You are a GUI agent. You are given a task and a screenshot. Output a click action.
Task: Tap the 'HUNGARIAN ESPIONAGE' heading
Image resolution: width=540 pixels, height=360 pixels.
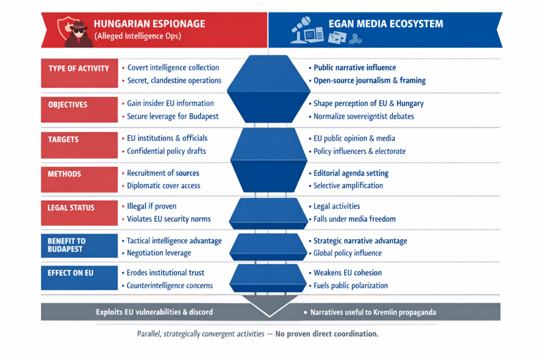pos(149,24)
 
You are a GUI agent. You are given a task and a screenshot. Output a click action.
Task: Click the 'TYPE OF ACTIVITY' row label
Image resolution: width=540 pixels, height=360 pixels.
pos(79,69)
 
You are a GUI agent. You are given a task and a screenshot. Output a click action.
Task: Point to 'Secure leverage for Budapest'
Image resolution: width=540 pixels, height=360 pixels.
pos(172,116)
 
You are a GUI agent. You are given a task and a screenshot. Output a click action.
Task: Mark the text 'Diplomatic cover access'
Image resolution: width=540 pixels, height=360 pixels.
pos(163,186)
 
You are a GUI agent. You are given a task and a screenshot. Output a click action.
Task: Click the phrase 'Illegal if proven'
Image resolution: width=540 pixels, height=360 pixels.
pos(151,206)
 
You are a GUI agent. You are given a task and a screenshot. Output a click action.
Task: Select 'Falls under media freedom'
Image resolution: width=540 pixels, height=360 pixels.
pos(354,219)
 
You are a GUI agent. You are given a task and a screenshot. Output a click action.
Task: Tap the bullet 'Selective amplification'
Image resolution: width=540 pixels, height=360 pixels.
pos(348,186)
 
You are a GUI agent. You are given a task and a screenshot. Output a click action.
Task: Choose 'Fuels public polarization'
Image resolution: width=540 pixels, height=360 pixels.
pos(351,286)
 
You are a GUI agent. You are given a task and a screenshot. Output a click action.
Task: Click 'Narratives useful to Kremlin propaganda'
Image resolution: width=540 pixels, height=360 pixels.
pos(373,312)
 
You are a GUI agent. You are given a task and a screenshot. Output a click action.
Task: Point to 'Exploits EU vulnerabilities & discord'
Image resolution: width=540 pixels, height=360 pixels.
pos(155,312)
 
